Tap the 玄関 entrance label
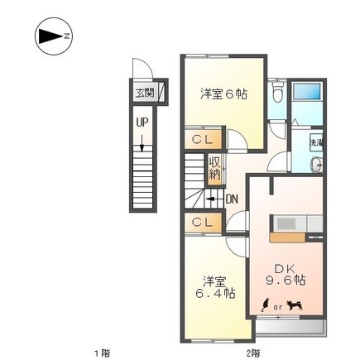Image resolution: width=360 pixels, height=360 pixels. coord(144,93)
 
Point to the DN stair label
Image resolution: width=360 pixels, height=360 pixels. coord(232,198)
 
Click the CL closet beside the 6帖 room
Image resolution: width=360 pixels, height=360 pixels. coord(201,140)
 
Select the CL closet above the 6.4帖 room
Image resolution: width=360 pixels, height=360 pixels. coord(201,222)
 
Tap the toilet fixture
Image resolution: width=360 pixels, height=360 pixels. coord(279,94)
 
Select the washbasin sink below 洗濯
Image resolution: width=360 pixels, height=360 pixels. coord(317,166)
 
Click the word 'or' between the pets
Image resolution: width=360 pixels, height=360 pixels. coord(281,306)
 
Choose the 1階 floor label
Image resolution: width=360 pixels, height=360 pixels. coord(100,353)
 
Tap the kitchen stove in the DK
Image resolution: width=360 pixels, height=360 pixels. coord(285,223)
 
